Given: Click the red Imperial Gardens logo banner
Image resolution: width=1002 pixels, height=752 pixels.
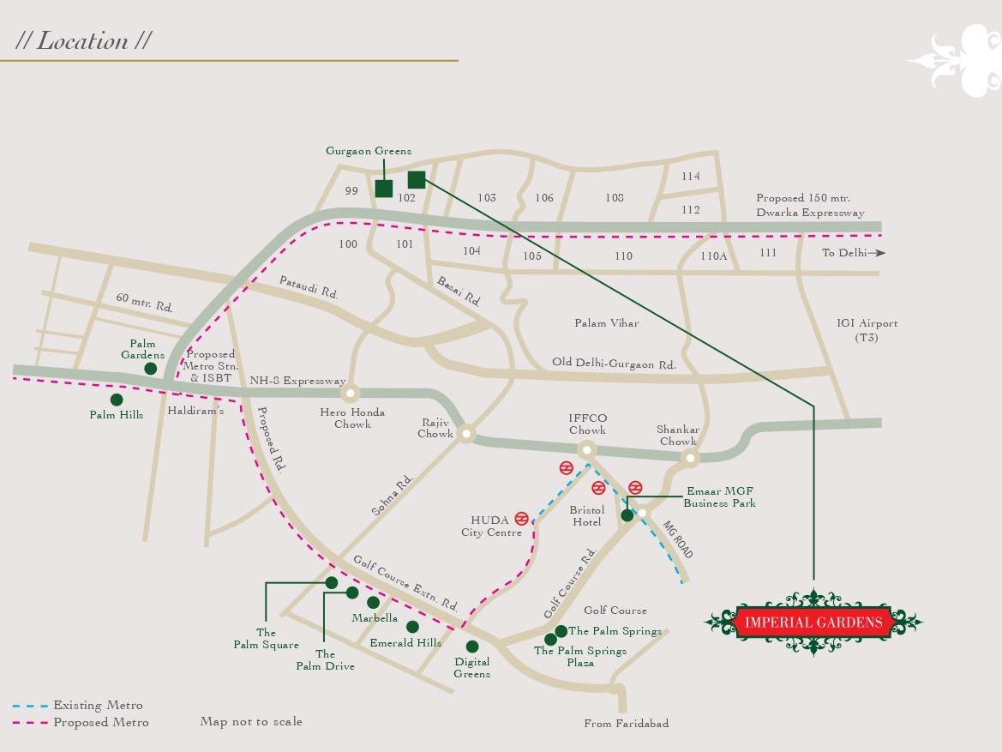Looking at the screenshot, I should click(813, 622).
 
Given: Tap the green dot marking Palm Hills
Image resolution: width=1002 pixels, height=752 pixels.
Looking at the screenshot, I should click(117, 400).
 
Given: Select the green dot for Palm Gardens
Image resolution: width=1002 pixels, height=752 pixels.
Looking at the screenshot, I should click(151, 369).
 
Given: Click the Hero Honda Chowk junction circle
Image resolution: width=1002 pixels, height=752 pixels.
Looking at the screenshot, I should click(351, 394).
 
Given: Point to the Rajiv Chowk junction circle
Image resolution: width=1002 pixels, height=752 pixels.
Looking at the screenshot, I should click(465, 434).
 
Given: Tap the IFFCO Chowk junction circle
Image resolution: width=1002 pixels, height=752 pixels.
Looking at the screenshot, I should click(586, 449).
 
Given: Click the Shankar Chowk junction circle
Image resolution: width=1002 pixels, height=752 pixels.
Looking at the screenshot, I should click(690, 459).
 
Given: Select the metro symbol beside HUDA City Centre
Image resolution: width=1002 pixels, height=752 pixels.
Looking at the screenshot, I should click(521, 519).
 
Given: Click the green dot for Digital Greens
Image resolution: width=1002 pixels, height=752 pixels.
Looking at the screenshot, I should click(472, 647).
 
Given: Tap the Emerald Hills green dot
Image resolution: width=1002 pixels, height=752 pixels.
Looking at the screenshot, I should click(412, 627).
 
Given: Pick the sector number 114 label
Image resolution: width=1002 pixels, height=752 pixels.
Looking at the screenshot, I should click(691, 177).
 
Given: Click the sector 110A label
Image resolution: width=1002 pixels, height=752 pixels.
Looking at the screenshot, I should click(713, 256).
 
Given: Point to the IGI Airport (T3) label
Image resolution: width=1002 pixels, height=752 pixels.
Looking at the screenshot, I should click(867, 330).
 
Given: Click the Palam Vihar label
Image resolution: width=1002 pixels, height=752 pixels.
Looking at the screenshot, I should click(607, 323).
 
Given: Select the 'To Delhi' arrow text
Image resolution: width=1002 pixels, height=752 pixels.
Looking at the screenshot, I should click(853, 253).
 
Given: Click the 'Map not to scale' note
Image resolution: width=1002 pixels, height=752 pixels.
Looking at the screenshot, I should click(251, 721).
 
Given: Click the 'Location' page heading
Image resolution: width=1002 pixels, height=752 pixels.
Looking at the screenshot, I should click(83, 40).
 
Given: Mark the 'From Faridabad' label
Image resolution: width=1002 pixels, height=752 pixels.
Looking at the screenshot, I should click(626, 723).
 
